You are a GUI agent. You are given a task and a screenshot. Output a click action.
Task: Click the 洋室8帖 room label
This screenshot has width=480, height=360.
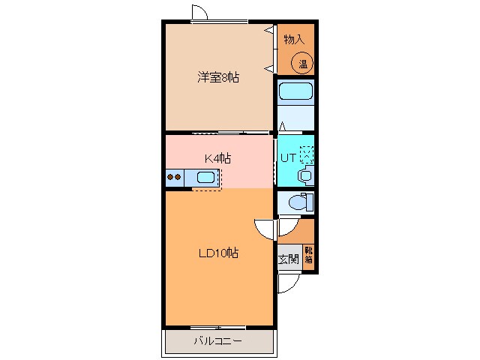tap(218, 77)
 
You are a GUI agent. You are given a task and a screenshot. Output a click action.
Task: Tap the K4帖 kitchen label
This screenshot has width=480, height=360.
tap(217, 158)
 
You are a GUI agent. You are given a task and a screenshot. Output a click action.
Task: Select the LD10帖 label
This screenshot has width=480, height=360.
tap(218, 253)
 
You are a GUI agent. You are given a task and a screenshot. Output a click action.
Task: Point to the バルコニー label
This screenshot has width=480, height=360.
tap(218, 340)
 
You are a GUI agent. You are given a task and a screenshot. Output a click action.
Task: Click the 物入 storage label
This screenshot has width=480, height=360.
tap(294, 39)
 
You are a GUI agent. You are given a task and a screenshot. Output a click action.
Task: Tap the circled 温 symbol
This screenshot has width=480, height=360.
tap(301, 64)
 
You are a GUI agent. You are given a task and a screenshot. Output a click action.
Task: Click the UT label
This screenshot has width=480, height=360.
tap(288, 158)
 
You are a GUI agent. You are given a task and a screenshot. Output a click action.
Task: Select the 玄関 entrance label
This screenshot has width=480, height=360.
tap(288, 259)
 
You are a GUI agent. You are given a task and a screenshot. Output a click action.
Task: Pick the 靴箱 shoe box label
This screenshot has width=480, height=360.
tap(308, 255)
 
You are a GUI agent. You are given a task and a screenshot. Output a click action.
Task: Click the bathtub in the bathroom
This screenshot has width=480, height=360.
tap(295, 91)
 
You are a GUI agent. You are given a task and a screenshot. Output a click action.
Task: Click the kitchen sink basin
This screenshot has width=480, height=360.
tap(205, 177)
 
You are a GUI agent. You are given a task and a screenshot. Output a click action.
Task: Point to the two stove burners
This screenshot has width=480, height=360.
tap(173, 177)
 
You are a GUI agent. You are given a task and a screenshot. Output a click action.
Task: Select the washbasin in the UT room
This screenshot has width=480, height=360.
tap(306, 175)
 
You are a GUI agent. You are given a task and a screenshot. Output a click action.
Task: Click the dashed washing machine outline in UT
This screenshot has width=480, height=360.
tap(307, 154)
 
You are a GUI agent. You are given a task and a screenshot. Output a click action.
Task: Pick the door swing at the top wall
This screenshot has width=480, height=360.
tap(199, 12)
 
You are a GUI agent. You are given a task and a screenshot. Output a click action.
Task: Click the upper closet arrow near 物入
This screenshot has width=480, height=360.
tap(269, 30)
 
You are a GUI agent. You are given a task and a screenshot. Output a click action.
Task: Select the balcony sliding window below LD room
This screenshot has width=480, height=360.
tap(218, 328)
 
